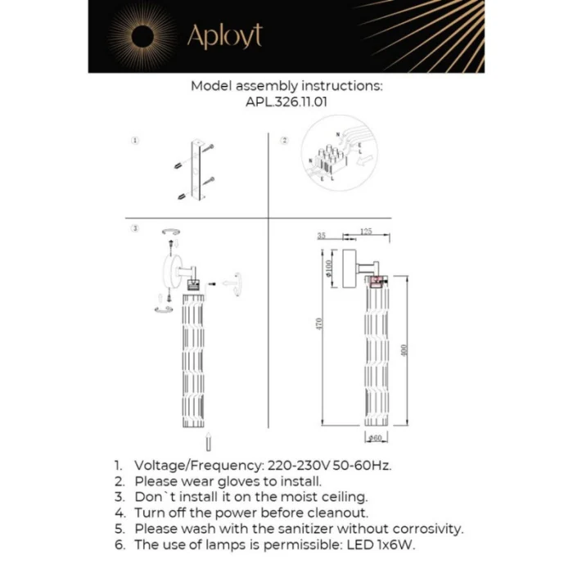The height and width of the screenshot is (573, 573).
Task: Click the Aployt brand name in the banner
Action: pos(225,36)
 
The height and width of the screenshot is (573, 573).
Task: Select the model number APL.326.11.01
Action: pos(286,102)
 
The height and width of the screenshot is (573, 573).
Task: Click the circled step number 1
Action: pos(135,141)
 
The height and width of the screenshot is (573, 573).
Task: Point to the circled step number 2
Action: pos(285,141)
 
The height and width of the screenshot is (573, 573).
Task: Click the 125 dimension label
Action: pos(366,232)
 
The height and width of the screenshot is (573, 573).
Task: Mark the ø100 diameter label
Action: pos(328,268)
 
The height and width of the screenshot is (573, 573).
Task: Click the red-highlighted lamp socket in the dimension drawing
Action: pos(377,283)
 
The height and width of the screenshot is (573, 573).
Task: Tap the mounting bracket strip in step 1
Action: pos(196,171)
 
